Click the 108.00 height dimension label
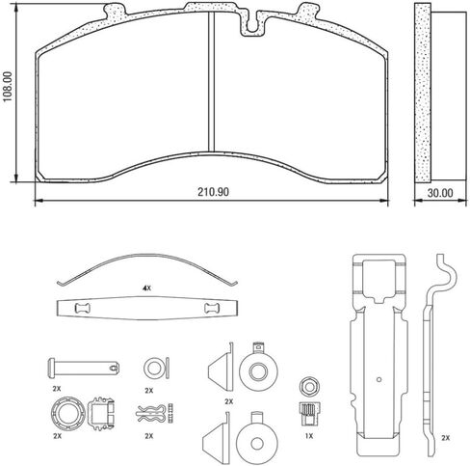(8, 87)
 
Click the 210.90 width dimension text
(213, 192)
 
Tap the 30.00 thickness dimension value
(440, 193)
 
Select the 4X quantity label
(146, 288)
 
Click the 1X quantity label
(308, 436)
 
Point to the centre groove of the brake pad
(211, 82)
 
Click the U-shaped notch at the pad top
(252, 24)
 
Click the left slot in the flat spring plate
(83, 309)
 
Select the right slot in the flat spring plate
(212, 308)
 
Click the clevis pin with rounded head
(84, 368)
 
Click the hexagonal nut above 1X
(309, 386)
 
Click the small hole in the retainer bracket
(379, 379)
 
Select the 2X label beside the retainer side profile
(445, 438)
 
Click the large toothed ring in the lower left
(68, 414)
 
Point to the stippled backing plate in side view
(423, 93)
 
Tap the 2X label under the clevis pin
(57, 389)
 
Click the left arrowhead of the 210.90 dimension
(39, 201)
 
